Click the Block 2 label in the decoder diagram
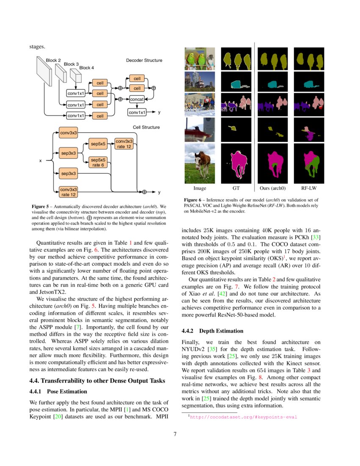point(53,61)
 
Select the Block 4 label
point(86,68)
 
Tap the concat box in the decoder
point(137,99)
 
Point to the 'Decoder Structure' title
point(144,61)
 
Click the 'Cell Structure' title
point(146,127)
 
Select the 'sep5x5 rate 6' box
point(98,162)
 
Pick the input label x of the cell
point(41,161)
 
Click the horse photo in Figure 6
point(199,161)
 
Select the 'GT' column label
point(236,188)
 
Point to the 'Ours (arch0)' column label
point(272,188)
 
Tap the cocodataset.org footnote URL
point(244,417)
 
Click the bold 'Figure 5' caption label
point(41,206)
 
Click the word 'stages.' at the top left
point(37,47)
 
